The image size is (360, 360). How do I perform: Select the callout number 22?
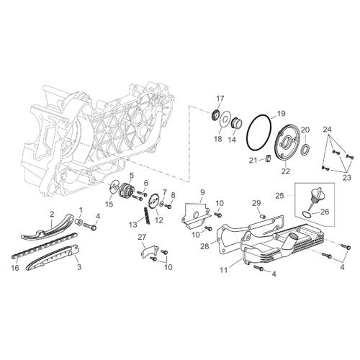(x=286, y=171)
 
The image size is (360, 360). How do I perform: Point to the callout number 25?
(x=279, y=196)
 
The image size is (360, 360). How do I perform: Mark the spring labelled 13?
(x=147, y=216)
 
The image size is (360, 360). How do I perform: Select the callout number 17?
(x=220, y=99)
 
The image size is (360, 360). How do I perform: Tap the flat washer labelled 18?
(x=225, y=119)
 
